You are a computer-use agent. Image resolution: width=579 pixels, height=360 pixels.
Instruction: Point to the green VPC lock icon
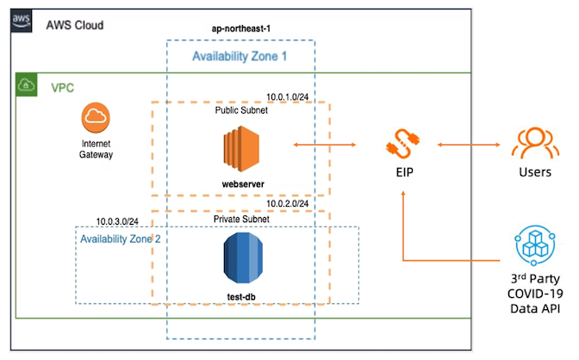coord(26,84)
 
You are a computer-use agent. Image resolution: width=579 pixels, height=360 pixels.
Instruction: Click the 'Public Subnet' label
coord(241,110)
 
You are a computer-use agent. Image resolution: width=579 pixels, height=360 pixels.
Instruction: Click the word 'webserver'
coord(241,183)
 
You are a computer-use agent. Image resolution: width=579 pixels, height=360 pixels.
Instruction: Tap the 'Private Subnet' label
coord(241,220)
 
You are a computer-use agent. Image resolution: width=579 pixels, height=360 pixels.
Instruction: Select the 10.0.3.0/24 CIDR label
coord(118,220)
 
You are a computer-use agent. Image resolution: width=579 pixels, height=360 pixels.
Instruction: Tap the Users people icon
coord(534,143)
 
